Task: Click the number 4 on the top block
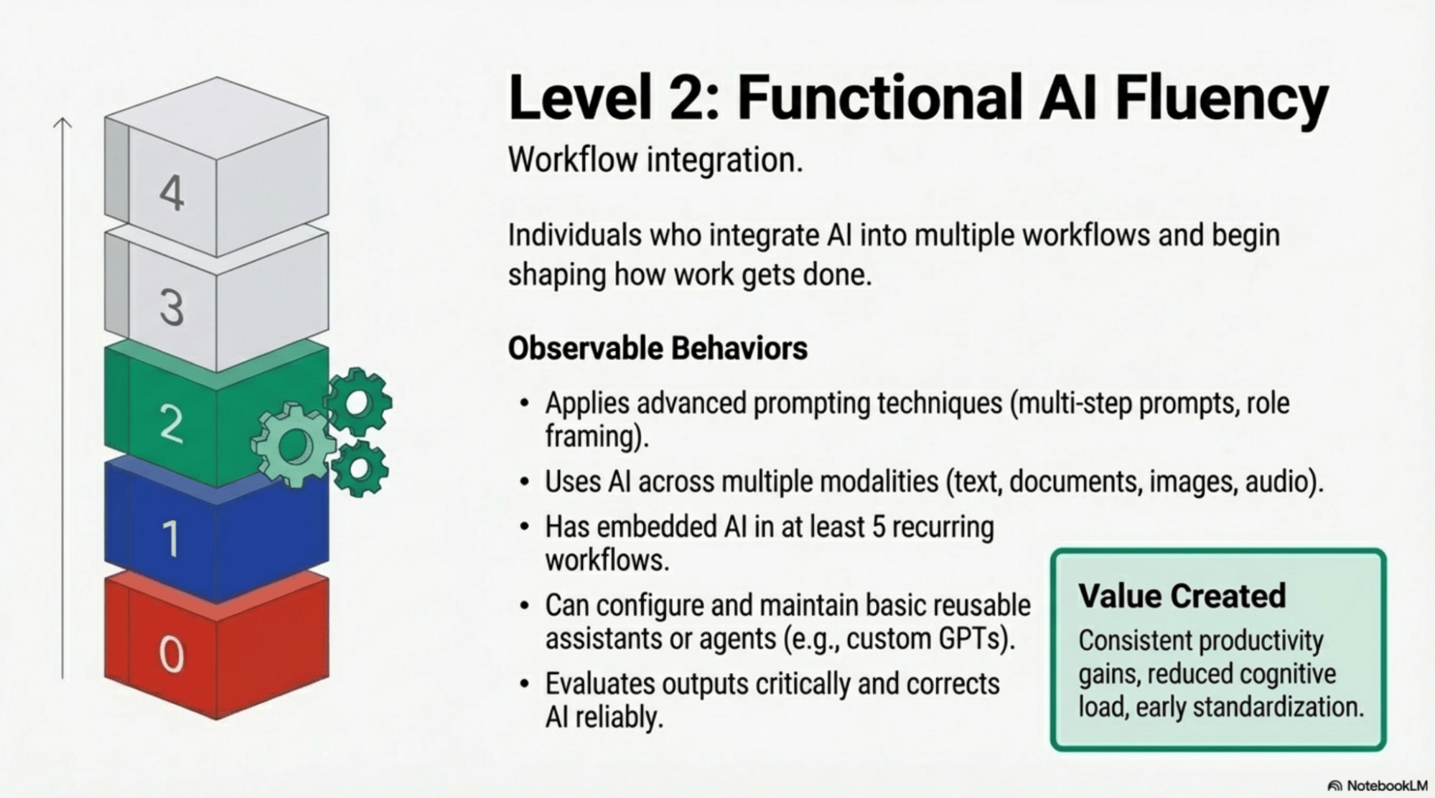coord(172,193)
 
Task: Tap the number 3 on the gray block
coord(172,308)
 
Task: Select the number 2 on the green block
coord(171,423)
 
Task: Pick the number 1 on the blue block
coord(171,538)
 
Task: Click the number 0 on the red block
coord(171,654)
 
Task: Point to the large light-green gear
coord(293,446)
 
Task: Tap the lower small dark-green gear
coord(359,469)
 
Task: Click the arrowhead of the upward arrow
coord(62,123)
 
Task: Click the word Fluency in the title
coord(1220,98)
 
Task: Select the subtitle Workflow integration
coord(655,159)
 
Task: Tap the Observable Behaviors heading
coord(658,349)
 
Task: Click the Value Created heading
coord(1182,596)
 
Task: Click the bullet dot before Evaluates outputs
coord(525,684)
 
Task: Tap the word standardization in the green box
coord(1278,707)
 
